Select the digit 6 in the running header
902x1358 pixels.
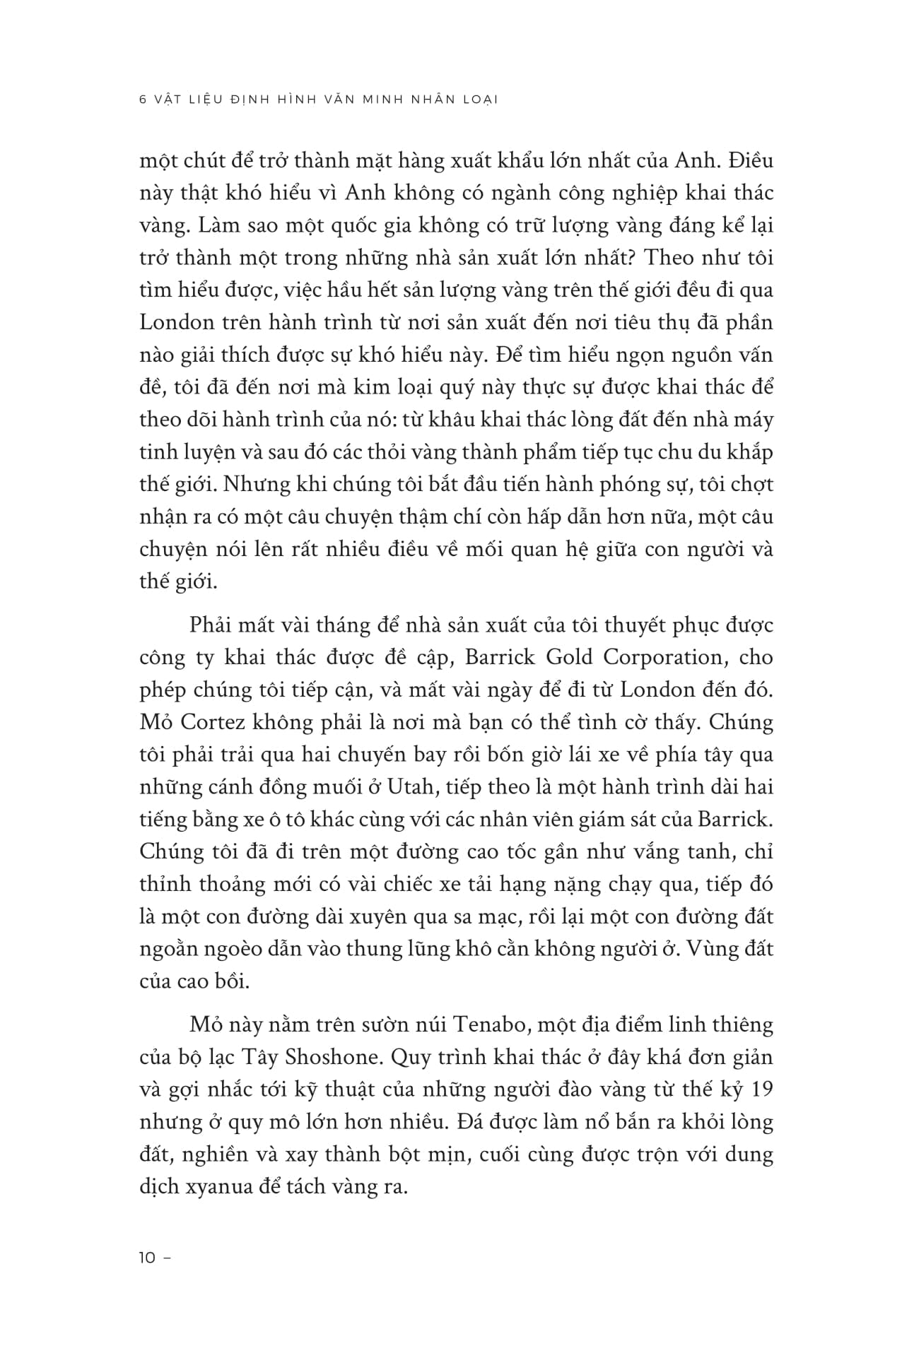[143, 100]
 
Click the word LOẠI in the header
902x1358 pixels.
[480, 100]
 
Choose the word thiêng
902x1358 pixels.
[738, 1025]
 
